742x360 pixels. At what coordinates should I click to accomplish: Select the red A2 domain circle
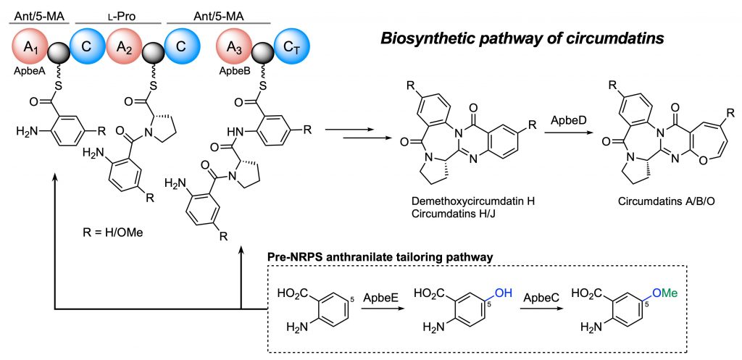tap(125, 49)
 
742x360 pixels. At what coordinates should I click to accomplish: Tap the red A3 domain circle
tap(234, 49)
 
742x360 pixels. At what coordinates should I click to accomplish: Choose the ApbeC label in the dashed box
tap(536, 298)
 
